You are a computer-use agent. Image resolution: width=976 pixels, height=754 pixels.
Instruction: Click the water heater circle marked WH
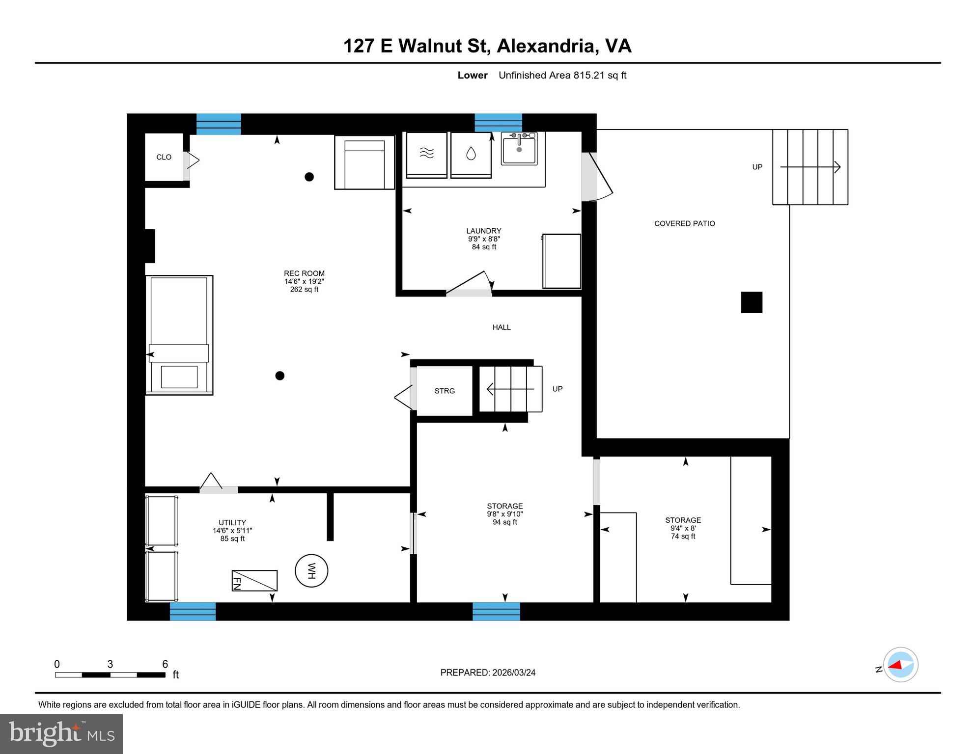point(311,571)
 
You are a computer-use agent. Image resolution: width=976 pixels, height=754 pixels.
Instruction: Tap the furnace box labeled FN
point(254,581)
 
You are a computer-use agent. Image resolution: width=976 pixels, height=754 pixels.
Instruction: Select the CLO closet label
point(164,157)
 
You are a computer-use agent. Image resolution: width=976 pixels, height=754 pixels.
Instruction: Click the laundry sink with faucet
point(519,149)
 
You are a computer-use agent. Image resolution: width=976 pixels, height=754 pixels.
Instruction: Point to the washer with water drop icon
point(471,154)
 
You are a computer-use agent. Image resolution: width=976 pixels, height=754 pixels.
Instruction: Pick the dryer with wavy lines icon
point(427,154)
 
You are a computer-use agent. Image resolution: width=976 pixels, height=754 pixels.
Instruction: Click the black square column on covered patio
point(752,302)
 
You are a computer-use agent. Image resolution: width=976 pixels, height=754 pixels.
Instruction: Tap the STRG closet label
point(445,391)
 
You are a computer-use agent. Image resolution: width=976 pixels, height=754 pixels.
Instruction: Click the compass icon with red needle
point(900,665)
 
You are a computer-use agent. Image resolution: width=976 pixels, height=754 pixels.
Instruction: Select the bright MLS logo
point(61,733)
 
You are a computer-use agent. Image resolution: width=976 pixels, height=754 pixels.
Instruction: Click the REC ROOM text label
point(304,273)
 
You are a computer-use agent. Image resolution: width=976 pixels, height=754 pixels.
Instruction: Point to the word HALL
point(502,327)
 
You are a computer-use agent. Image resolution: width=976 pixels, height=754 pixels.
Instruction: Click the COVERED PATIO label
point(684,223)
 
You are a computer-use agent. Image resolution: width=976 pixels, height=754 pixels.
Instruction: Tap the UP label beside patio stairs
point(757,167)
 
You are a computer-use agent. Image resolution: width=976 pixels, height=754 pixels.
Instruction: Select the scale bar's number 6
point(165,664)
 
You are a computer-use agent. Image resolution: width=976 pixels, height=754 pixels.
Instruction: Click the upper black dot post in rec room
point(309,177)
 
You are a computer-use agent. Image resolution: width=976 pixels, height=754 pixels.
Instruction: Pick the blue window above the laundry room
point(498,123)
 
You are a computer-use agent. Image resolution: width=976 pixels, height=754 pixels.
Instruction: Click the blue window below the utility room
point(193,612)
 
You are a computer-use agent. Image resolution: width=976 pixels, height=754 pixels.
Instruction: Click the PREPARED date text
point(488,673)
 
